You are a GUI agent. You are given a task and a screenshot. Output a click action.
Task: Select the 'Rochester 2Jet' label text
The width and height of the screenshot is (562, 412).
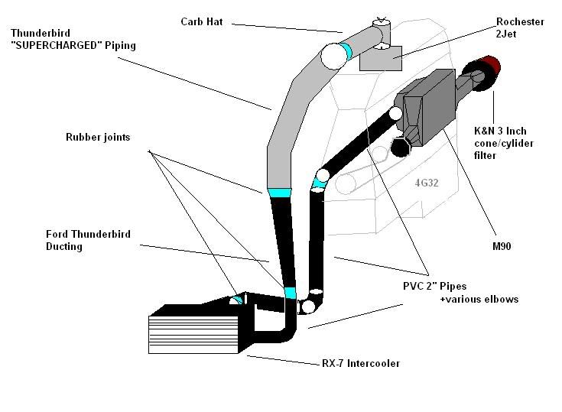[x=522, y=28]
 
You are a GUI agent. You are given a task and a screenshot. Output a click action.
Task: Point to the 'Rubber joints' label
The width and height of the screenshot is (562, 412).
[x=97, y=138]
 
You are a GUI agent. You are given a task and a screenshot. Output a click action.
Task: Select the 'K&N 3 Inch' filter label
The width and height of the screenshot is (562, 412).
[x=500, y=131]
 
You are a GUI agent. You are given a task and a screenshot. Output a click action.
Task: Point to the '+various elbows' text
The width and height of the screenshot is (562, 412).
[x=479, y=299]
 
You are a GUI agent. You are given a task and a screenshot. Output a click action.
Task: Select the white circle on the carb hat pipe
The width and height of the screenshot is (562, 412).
[x=334, y=56]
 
